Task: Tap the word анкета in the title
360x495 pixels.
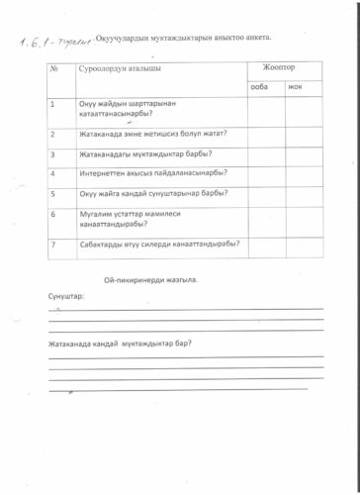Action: coord(252,38)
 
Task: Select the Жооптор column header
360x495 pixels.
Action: coord(280,67)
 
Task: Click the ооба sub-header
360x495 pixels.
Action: coord(260,87)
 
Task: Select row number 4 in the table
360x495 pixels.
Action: coord(51,173)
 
